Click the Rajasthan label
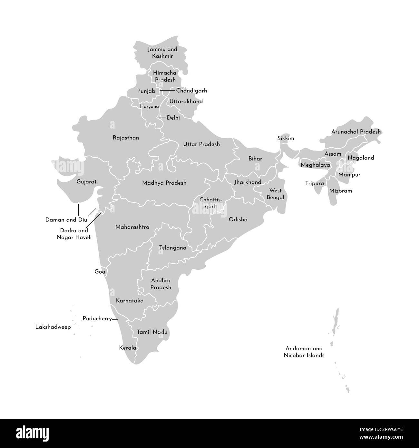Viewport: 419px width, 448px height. [126, 138]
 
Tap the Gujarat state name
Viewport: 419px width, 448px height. [86, 182]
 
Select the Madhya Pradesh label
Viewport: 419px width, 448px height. [164, 183]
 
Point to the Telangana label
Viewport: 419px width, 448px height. [173, 248]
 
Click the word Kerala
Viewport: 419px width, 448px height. [128, 348]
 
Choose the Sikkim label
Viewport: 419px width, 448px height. [286, 138]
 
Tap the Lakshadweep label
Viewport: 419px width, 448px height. [53, 327]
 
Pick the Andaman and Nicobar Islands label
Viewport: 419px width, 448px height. [304, 352]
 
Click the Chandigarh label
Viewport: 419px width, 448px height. [191, 91]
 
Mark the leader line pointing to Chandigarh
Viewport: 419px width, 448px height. [167, 91]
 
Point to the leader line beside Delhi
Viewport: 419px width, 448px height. [162, 117]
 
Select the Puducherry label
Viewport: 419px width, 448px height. [97, 319]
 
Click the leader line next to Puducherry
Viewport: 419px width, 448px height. [115, 319]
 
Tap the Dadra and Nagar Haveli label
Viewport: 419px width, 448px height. [74, 234]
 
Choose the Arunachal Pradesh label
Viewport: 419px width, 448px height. [356, 132]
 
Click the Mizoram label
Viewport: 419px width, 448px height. [340, 190]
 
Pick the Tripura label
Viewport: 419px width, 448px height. [315, 183]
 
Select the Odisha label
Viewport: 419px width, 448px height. [238, 219]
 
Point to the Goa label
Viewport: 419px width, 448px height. [100, 272]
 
